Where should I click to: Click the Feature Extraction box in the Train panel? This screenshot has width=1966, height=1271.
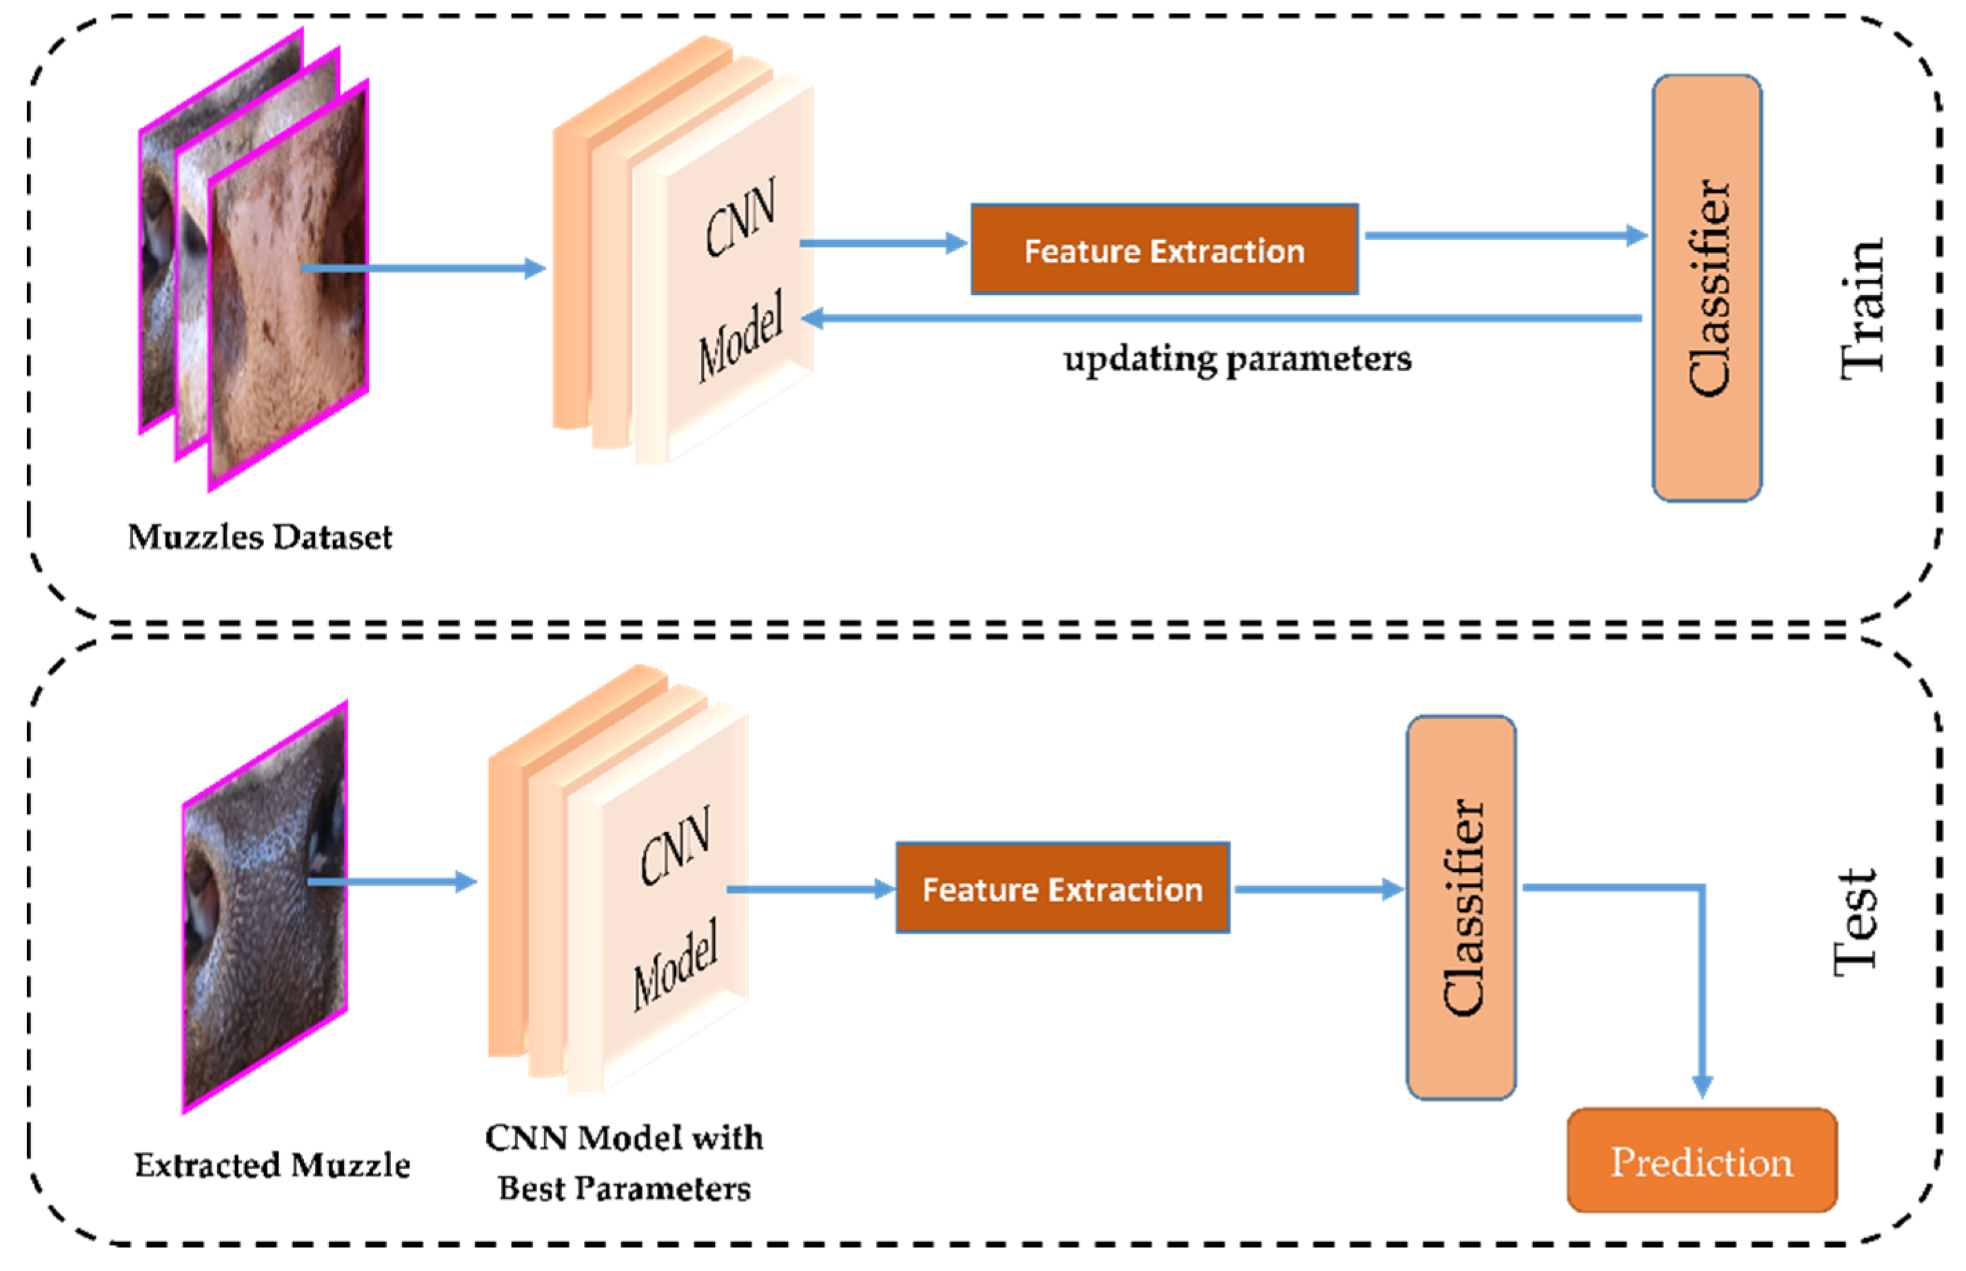coord(1164,250)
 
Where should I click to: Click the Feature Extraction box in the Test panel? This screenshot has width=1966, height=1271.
coord(1062,888)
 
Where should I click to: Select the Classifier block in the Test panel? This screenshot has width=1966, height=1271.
coord(1460,907)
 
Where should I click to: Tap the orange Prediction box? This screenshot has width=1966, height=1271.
coord(1701,1161)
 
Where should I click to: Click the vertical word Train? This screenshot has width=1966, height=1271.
coord(1862,309)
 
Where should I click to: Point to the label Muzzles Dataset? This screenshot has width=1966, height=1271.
coord(260,538)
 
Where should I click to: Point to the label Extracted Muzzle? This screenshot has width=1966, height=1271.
coord(272,1166)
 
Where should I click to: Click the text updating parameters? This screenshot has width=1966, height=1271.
coord(1237,359)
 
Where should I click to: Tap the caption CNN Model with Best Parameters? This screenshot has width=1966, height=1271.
coord(624,1162)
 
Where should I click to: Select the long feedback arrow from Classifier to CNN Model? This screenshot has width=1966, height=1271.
coord(1222,318)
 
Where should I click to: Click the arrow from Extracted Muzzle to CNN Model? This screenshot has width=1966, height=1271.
coord(392,882)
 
